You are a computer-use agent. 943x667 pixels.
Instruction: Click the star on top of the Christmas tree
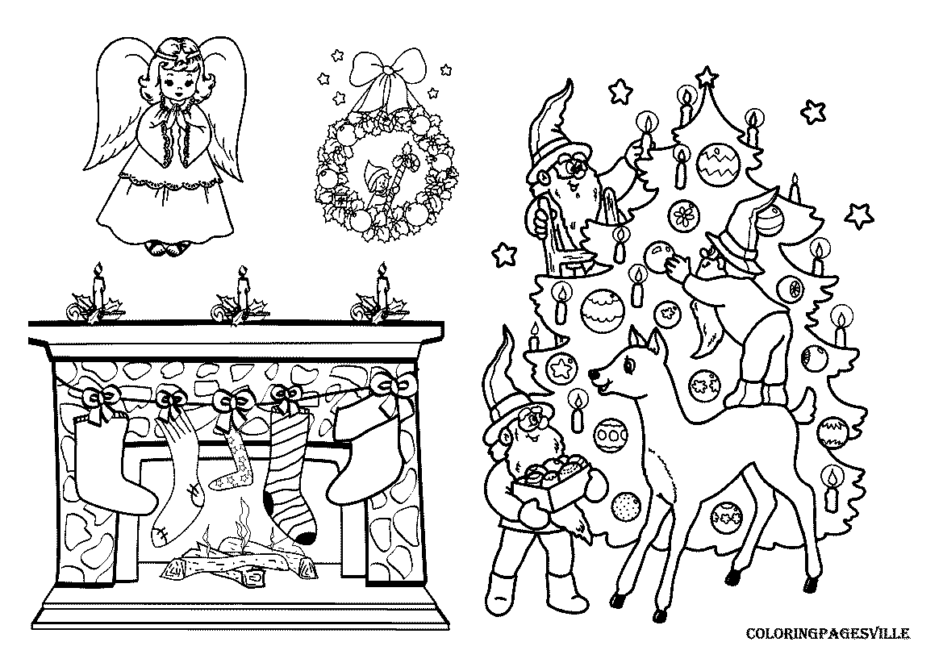(707, 77)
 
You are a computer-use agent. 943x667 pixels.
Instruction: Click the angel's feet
(168, 248)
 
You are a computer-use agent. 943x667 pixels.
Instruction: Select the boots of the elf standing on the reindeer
(754, 394)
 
